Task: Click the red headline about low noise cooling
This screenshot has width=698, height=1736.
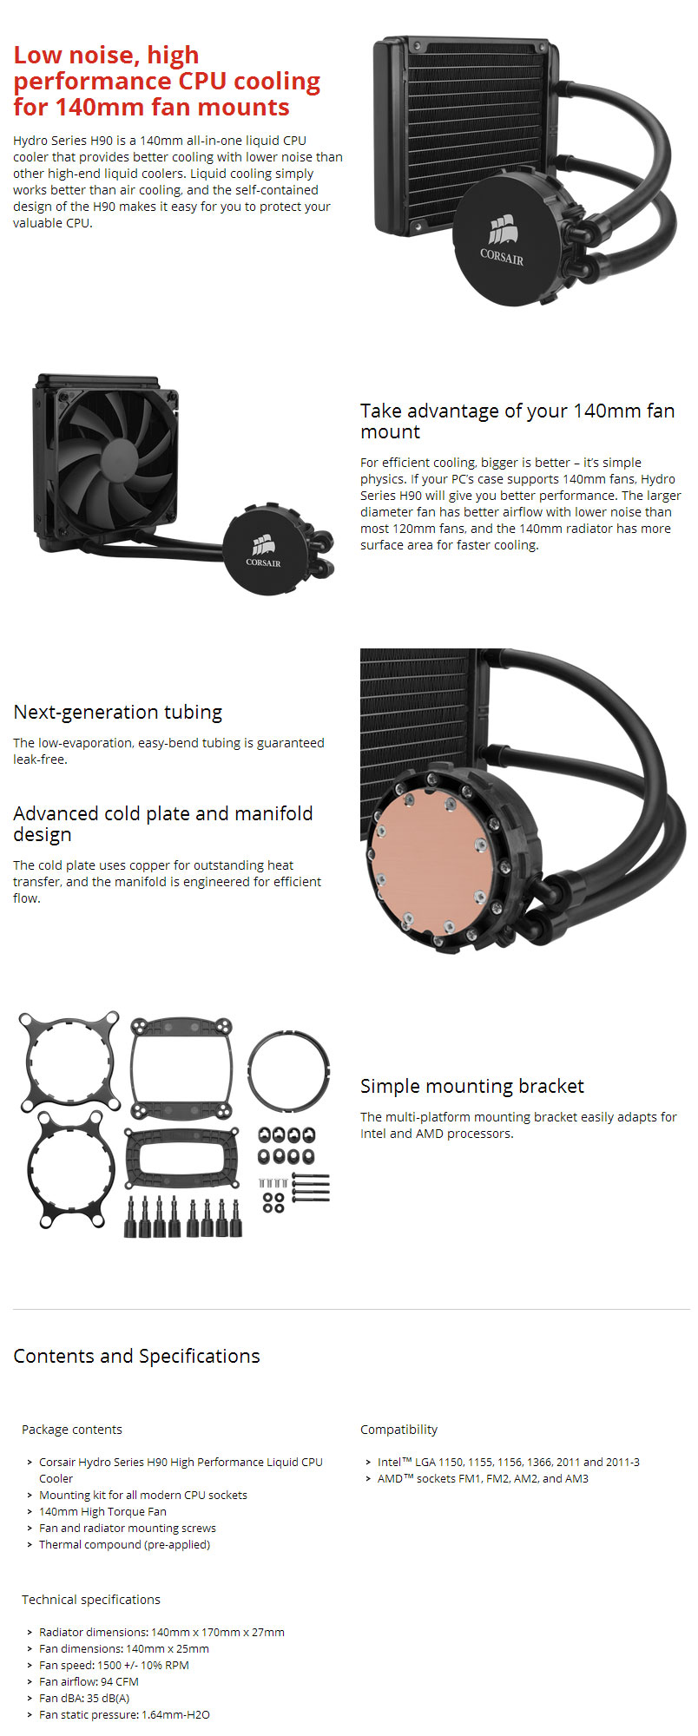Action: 167,81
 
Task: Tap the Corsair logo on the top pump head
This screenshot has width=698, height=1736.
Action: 502,240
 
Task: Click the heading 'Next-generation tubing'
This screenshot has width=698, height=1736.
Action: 118,713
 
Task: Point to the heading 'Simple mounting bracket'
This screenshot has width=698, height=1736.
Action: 471,1086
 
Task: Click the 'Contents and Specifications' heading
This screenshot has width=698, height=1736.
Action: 136,1356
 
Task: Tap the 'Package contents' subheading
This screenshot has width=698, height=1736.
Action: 72,1430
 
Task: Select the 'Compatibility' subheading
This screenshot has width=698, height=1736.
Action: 398,1430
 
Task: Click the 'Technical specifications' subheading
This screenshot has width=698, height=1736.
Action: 91,1600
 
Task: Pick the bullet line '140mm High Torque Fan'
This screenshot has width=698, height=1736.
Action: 102,1511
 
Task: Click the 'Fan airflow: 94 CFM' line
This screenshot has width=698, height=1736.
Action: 89,1681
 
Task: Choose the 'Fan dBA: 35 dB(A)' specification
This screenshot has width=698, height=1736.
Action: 84,1698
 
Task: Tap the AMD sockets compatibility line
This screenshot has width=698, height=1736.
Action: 483,1478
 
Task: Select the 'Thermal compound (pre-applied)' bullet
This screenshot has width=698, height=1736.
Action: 124,1544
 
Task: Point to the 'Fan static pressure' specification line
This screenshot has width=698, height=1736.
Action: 124,1714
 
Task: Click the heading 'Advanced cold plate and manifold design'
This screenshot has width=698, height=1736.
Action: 162,824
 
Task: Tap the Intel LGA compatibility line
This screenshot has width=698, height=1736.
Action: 508,1462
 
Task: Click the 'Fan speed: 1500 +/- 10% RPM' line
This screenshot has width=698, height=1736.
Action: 114,1665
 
